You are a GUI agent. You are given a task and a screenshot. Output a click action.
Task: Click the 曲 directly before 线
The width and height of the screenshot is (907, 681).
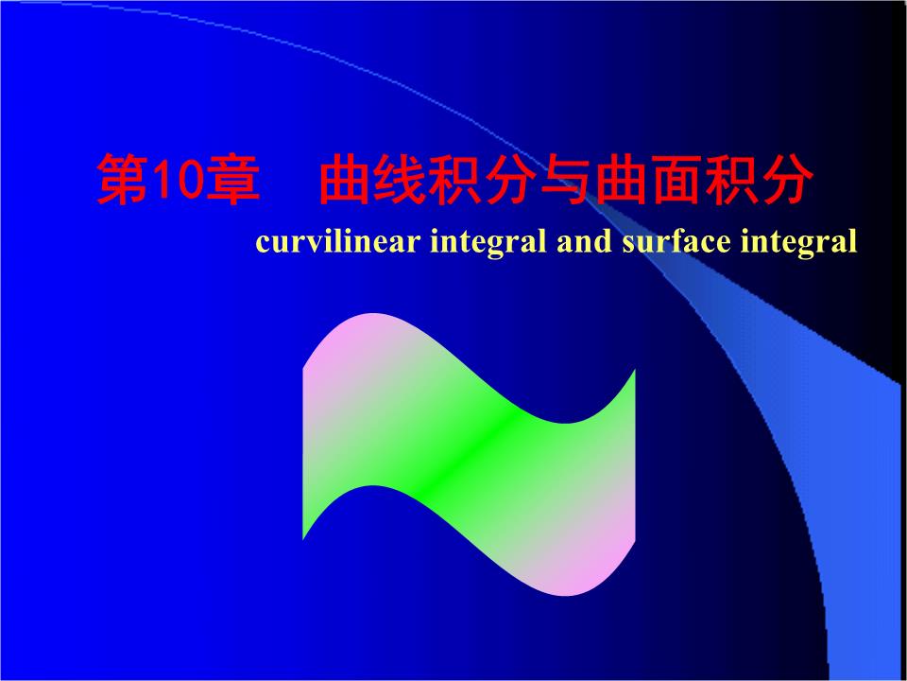(x=343, y=182)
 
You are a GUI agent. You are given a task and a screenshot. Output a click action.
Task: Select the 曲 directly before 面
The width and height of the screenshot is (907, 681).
(x=619, y=182)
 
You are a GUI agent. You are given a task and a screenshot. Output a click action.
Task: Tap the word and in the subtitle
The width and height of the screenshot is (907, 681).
(x=586, y=242)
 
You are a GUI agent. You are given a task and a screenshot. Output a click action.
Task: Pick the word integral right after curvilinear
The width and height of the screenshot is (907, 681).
(x=489, y=243)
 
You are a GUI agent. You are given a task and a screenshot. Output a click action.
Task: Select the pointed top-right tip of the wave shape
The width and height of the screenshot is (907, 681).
(x=633, y=373)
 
